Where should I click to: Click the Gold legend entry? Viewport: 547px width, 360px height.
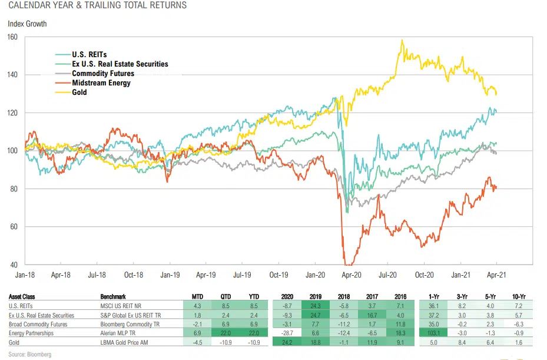79,93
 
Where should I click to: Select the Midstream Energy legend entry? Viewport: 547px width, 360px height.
101,83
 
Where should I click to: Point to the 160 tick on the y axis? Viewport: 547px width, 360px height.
12,37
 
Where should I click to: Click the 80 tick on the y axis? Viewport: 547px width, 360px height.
14,189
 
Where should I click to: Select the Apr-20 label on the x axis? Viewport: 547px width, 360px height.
351,275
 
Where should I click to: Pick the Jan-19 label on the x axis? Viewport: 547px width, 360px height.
170,275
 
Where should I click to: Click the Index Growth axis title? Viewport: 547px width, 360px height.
27,24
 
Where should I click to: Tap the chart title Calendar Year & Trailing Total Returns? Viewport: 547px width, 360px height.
97,6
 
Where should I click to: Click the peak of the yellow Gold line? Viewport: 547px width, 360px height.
402,41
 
